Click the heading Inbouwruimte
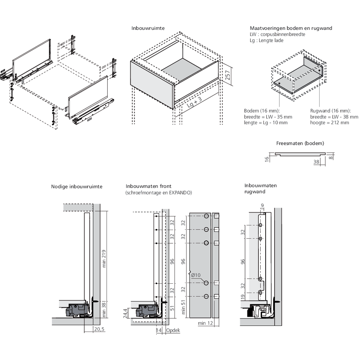(148, 28)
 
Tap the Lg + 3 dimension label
(195, 104)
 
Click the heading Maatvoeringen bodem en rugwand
(291, 28)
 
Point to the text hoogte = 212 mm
(330, 123)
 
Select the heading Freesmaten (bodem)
(300, 143)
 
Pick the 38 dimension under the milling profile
(316, 162)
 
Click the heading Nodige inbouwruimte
(77, 186)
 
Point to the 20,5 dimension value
(99, 329)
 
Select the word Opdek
(173, 330)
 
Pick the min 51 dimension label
(184, 308)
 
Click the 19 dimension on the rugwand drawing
(243, 297)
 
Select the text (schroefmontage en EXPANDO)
(158, 193)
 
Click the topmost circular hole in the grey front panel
(206, 216)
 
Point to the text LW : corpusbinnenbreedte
(277, 34)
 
